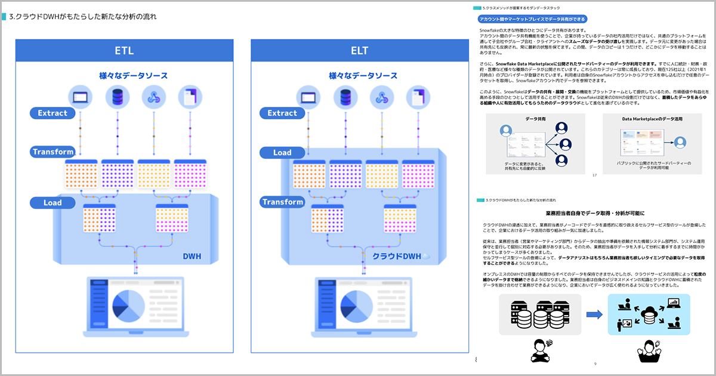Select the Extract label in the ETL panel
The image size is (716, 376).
(53, 113)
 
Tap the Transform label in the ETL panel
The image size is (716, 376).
(53, 152)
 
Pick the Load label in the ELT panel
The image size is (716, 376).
(282, 152)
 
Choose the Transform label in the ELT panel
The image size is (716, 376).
(282, 202)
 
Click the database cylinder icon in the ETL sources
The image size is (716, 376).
(117, 96)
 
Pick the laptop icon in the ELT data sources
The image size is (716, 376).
(308, 96)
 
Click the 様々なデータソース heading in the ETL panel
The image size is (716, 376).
(134, 76)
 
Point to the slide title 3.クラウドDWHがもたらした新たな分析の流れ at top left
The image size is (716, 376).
(84, 17)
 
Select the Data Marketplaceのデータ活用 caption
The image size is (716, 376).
(652, 119)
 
